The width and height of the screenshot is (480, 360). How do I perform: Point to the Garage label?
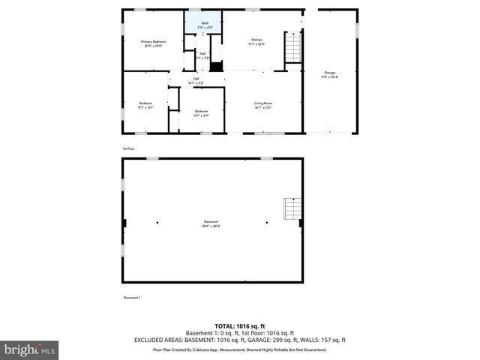329,73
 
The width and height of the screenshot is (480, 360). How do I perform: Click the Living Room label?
262,103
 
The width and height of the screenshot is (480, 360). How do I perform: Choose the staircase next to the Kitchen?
291,51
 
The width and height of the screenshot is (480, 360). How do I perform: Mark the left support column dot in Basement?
157,222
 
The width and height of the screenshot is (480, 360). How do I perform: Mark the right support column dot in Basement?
266,222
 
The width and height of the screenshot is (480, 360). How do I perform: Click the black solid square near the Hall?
217,67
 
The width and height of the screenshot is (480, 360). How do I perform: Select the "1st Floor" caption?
129,148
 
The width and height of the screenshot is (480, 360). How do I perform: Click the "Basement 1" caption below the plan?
132,298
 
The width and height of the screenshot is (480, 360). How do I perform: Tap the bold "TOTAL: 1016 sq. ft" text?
240,326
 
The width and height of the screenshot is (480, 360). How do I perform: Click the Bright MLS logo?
29,349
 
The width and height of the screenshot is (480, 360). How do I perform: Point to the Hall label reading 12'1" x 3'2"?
196,80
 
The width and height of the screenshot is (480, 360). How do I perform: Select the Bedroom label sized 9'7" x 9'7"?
201,112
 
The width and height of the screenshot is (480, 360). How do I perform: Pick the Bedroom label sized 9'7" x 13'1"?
145,105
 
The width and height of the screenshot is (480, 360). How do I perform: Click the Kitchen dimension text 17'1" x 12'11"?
256,44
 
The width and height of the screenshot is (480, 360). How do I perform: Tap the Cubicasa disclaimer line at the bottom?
240,349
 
